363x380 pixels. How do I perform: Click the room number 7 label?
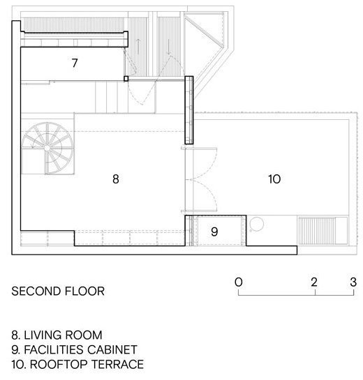click(x=75, y=63)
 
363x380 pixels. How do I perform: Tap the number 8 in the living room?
click(x=116, y=179)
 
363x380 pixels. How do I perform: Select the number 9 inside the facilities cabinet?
click(x=214, y=231)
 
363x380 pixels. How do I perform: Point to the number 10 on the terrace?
click(x=274, y=179)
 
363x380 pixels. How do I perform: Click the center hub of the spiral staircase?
click(x=47, y=148)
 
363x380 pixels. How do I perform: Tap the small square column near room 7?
click(x=126, y=79)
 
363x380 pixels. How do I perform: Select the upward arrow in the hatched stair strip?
click(x=138, y=47)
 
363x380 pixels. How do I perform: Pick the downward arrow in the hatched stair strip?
click(x=169, y=47)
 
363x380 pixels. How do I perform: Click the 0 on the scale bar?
click(x=239, y=282)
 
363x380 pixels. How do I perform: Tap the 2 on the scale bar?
click(x=314, y=282)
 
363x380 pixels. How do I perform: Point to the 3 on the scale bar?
click(x=353, y=282)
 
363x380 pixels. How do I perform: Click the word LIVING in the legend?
click(x=40, y=335)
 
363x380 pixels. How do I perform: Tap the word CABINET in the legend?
click(x=112, y=350)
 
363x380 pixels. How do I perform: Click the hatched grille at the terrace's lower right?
click(x=317, y=231)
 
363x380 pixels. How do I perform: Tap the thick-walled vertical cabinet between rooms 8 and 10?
click(x=189, y=110)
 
